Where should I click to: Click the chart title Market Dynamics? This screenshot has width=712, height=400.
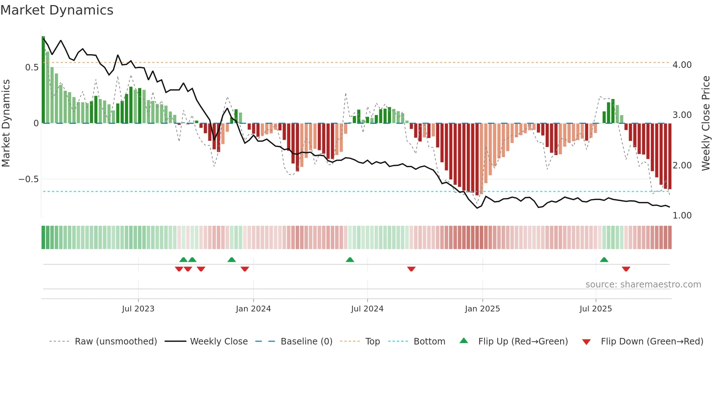click(57, 10)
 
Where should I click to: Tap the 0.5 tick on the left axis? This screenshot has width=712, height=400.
click(32, 68)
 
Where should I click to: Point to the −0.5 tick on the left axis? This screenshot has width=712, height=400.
click(28, 179)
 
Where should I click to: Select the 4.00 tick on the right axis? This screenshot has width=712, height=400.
click(682, 65)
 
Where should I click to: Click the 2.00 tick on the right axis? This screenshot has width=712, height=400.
click(682, 166)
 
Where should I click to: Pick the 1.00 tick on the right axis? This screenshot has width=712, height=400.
click(682, 216)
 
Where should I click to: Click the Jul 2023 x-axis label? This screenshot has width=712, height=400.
click(138, 309)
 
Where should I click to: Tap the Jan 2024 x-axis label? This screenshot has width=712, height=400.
click(253, 309)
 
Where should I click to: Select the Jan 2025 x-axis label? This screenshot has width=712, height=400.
click(482, 309)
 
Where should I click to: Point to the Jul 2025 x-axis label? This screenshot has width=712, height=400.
click(596, 309)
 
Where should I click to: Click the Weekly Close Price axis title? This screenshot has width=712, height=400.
click(705, 123)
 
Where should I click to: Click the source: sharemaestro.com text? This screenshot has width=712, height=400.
click(643, 285)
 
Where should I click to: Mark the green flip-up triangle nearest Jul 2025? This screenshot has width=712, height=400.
click(604, 260)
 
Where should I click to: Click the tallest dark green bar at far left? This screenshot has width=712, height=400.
click(43, 80)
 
